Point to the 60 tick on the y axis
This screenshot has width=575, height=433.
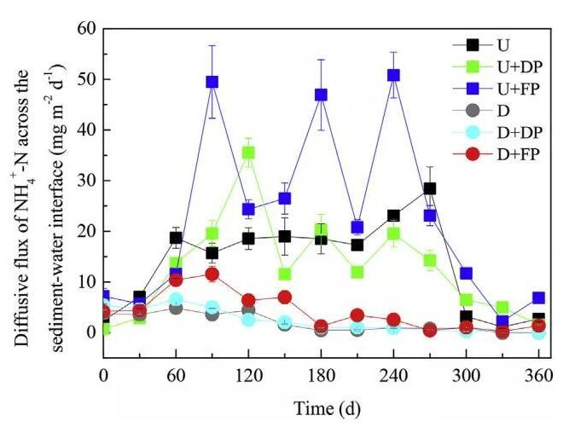85,29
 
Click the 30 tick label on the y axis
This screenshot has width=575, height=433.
85,181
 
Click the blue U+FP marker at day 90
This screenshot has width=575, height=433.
212,82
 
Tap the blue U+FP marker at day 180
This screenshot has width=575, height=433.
322,95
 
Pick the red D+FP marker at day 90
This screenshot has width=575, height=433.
212,274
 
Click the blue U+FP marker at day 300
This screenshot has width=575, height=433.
466,274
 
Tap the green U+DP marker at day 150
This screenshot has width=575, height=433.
285,274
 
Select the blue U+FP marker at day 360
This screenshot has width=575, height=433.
538,298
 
